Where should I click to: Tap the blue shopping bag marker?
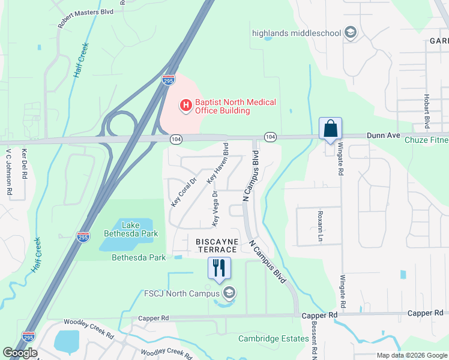pos(330,128)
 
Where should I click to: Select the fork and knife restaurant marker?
pos(219,268)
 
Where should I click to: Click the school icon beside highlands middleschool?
pos(351,33)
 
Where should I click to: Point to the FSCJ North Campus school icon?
pos(228,293)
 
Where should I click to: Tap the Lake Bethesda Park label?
pos(131,229)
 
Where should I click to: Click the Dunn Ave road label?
pos(384,136)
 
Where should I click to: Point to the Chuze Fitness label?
pos(426,140)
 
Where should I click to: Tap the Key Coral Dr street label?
pos(184,191)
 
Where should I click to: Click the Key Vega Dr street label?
pos(215,209)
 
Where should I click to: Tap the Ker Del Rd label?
pos(25,164)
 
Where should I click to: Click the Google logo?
pos(20,352)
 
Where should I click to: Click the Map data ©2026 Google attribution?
pos(411,355)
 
